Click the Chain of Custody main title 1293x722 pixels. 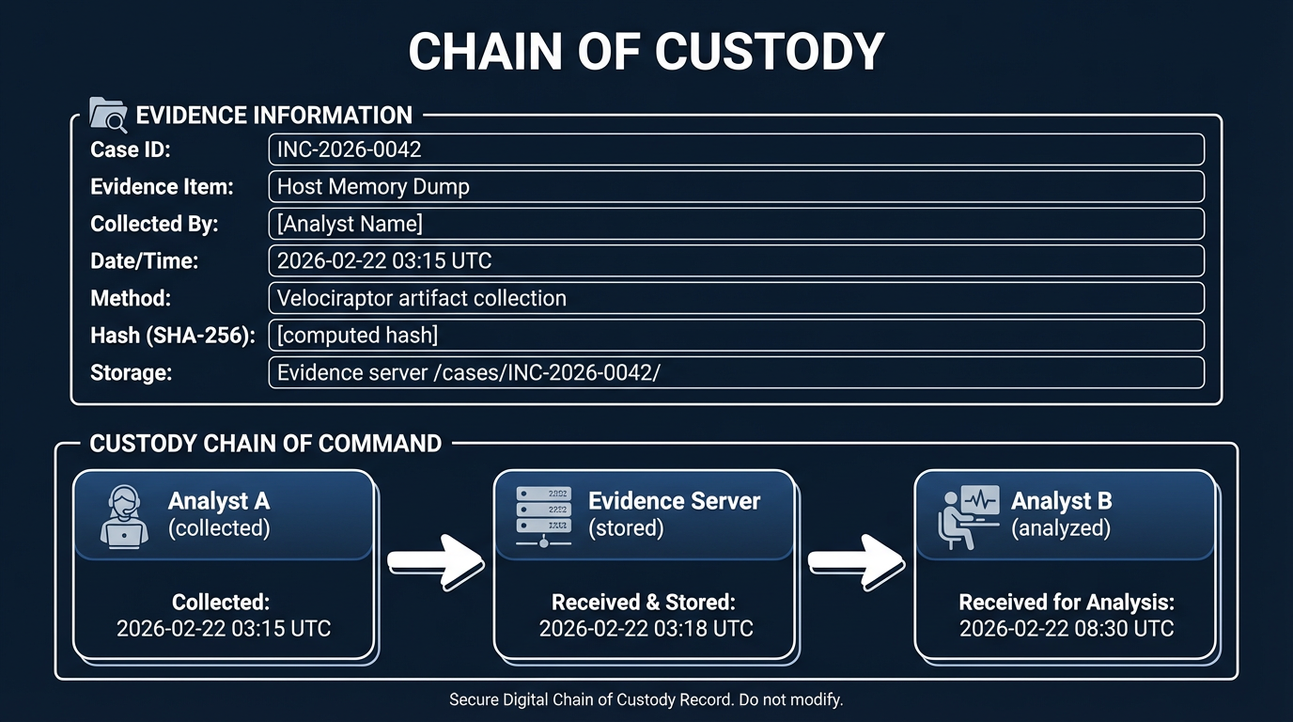(646, 52)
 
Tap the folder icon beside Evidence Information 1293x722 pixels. (108, 115)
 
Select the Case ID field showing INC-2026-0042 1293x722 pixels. (736, 149)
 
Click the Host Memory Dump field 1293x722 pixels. (736, 186)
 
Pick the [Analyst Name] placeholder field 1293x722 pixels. (736, 224)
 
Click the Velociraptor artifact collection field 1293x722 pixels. (736, 298)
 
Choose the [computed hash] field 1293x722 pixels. (736, 335)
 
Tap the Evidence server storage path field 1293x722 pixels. (736, 372)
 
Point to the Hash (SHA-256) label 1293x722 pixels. (172, 336)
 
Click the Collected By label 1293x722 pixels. (154, 224)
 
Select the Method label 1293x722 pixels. (131, 298)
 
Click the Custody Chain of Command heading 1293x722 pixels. (265, 443)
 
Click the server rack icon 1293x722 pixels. (543, 515)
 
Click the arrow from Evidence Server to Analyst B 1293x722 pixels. (855, 561)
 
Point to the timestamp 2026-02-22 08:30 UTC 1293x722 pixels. (1067, 628)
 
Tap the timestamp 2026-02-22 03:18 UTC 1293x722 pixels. (646, 628)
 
